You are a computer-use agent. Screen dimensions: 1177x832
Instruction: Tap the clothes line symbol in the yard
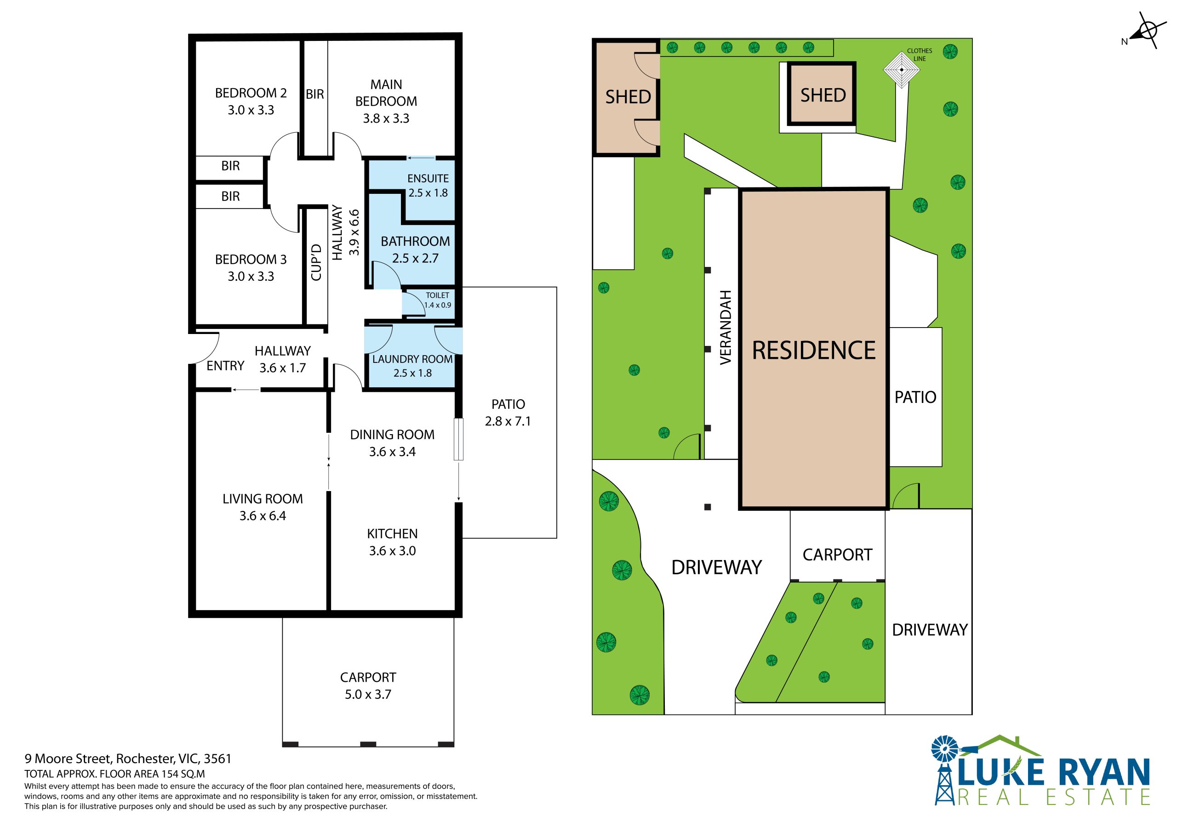tap(901, 70)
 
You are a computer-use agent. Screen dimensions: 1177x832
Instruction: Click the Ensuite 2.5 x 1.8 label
tap(428, 186)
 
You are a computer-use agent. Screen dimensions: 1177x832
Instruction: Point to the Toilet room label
tap(437, 300)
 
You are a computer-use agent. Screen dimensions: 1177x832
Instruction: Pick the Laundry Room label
tap(413, 366)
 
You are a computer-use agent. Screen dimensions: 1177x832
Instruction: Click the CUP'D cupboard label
tap(316, 262)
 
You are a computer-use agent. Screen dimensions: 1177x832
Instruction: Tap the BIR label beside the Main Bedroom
tap(315, 94)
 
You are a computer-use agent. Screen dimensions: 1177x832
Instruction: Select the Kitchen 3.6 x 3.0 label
tap(392, 542)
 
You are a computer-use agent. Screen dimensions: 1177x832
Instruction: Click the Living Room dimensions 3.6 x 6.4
tap(263, 516)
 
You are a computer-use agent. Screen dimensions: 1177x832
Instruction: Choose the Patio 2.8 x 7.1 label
tap(508, 413)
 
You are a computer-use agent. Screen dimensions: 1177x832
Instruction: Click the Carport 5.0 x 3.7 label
tap(368, 685)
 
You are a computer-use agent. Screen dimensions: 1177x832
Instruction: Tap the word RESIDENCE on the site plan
tap(813, 351)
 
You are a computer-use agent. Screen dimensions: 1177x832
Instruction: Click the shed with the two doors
tap(627, 97)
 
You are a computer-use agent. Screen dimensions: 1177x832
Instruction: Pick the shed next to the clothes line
tap(822, 94)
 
